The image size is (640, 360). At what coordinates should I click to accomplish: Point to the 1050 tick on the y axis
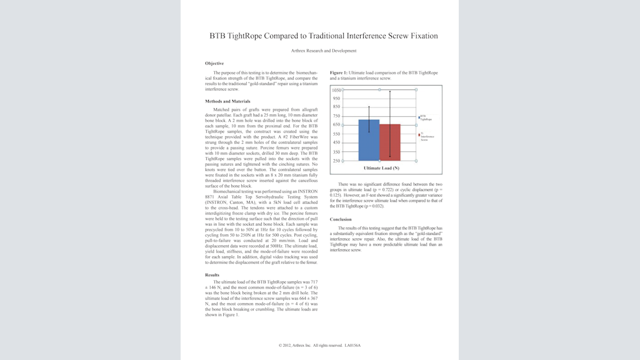coord(336,90)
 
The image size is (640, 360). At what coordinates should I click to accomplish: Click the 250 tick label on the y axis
coord(336,161)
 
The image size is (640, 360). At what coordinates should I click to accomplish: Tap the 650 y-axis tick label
coord(336,125)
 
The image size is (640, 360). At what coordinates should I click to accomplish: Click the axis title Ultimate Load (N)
coord(381,167)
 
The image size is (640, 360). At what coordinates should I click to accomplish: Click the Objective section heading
coord(214,63)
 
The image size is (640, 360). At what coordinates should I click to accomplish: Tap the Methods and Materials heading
coord(227,101)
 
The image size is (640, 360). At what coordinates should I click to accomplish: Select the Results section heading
coord(212,275)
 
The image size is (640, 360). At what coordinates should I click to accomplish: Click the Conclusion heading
coord(341,219)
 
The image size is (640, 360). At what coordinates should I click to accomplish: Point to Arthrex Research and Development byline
coord(324,51)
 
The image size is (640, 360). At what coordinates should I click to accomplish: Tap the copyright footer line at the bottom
coord(319,345)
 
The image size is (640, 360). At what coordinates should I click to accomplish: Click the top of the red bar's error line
coord(390,91)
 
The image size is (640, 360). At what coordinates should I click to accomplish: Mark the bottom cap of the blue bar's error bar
coord(369,132)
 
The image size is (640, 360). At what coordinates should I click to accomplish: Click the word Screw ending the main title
coord(426,36)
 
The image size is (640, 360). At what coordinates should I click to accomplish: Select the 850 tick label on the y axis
coord(336,107)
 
